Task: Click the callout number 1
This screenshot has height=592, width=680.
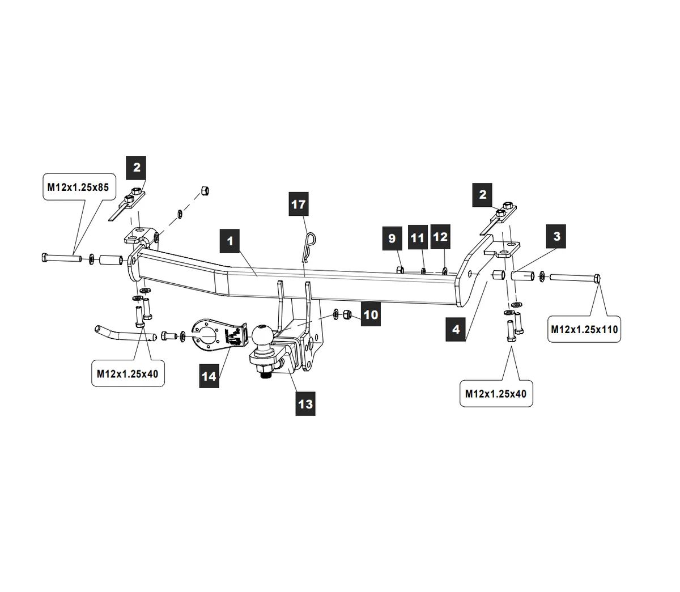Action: tap(230, 241)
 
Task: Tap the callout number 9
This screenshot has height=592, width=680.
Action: tap(392, 238)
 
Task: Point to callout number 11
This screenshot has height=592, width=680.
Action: tap(417, 237)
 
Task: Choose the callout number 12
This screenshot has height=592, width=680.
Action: tap(440, 237)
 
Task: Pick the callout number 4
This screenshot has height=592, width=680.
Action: tap(456, 329)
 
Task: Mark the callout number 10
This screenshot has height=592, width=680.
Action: tap(370, 314)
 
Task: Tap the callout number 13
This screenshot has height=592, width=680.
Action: tap(305, 403)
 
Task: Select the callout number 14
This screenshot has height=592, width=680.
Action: tap(210, 376)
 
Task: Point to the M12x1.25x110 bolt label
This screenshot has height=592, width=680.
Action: tap(585, 329)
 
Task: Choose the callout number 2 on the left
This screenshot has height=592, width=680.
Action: tap(137, 167)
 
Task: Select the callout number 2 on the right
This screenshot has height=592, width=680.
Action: tap(483, 195)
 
